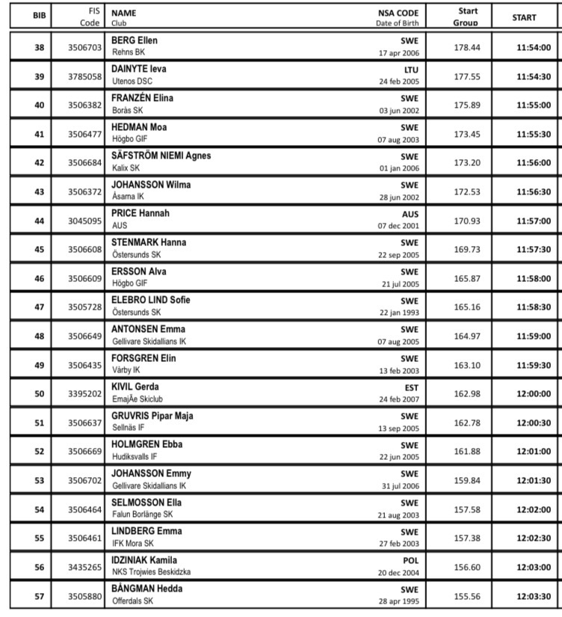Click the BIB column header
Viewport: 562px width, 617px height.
[39, 17]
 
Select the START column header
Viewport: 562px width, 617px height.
[525, 17]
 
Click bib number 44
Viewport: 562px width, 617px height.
[39, 221]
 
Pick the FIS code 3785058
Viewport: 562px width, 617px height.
[84, 76]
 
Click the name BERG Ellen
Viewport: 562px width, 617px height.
[135, 40]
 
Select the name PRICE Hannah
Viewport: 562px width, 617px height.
[140, 213]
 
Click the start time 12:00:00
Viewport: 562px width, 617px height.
[534, 394]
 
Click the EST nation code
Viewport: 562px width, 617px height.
[411, 387]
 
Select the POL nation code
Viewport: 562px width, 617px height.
[410, 560]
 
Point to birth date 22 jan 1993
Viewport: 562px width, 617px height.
[399, 313]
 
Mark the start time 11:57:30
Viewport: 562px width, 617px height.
[534, 250]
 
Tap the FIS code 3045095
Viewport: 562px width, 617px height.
[84, 221]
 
